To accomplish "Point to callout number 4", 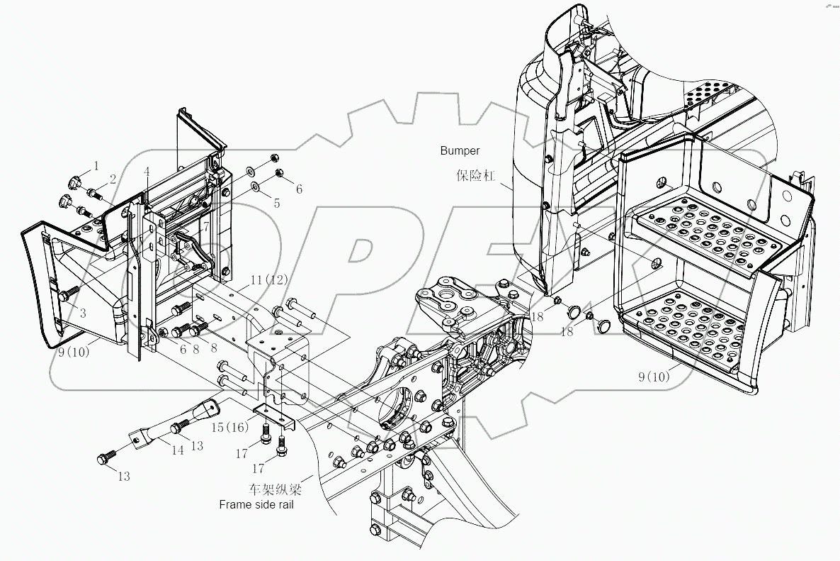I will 147,172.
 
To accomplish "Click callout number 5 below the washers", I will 277,204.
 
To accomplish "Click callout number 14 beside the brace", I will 157,449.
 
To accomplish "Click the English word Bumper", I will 460,150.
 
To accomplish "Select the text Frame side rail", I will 256,505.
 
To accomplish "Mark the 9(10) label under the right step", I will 652,377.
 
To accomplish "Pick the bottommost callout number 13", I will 123,477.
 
